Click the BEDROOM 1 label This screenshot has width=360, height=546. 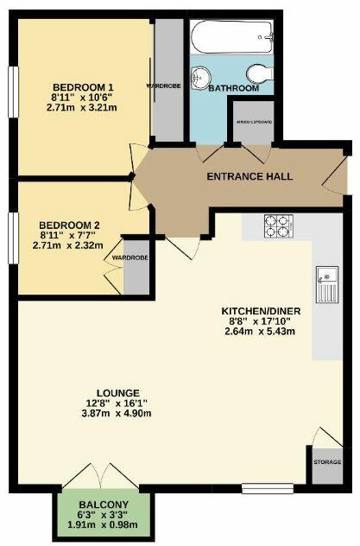point(84,88)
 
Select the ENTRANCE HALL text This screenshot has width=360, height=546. point(249,177)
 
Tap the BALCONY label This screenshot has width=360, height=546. point(103,505)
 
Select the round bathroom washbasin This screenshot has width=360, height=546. point(204,75)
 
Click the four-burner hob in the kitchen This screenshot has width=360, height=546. point(276,226)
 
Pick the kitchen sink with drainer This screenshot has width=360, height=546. point(326,282)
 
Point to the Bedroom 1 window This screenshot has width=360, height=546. point(12,88)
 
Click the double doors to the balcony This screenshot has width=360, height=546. point(102,478)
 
